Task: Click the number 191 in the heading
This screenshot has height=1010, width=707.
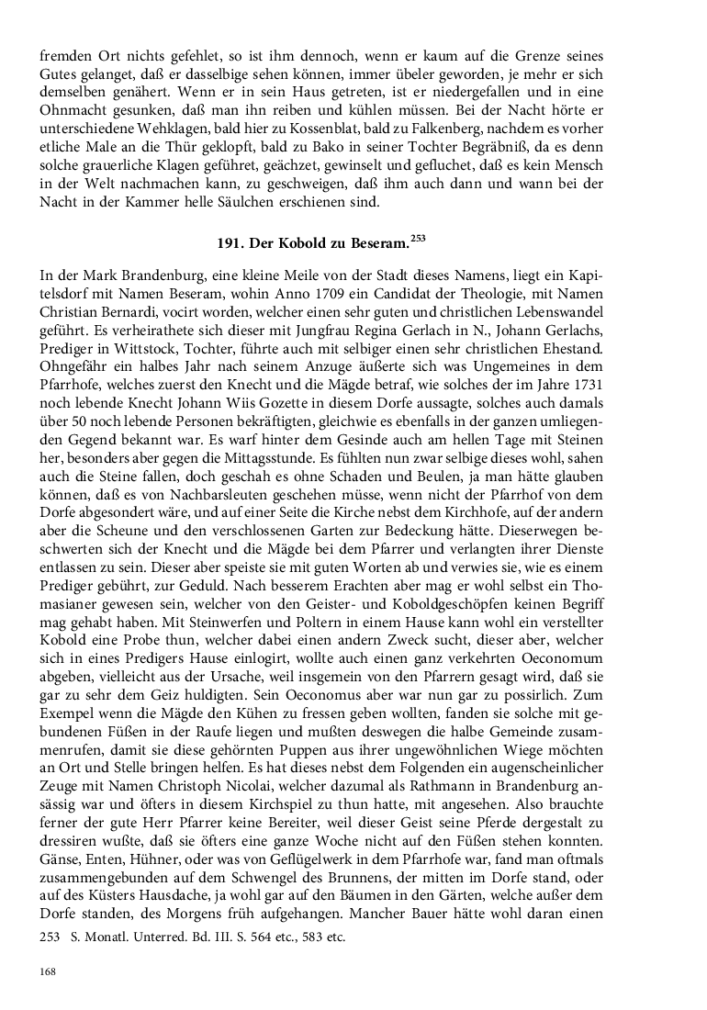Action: point(229,245)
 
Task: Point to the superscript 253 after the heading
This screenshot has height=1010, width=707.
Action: point(418,240)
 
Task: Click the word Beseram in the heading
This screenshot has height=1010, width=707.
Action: point(376,245)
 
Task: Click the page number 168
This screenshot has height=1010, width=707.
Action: point(48,971)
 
